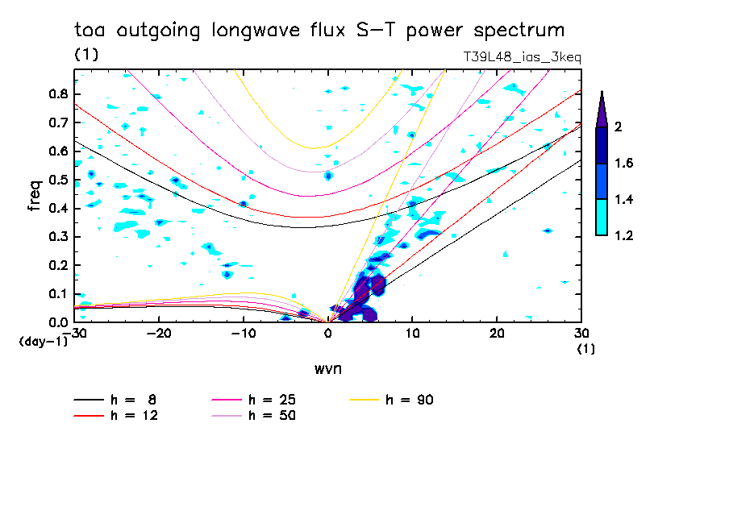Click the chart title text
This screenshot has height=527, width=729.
click(x=319, y=31)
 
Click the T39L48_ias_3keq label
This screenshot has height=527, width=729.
click(x=522, y=57)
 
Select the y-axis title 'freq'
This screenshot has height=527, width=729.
click(x=34, y=196)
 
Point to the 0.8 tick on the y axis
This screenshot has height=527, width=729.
click(x=56, y=93)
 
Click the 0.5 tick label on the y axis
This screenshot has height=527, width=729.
click(x=56, y=180)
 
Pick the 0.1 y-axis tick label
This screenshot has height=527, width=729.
click(x=56, y=294)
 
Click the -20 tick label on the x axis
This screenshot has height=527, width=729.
click(x=159, y=333)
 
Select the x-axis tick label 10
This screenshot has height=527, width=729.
click(x=411, y=333)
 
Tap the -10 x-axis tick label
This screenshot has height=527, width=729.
click(x=243, y=333)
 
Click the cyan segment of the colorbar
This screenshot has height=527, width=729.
click(x=602, y=218)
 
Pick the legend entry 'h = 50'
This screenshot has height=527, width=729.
click(x=272, y=416)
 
